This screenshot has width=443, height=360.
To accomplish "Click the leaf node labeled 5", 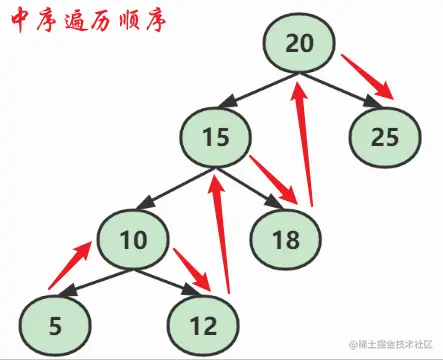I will (x=51, y=324).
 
